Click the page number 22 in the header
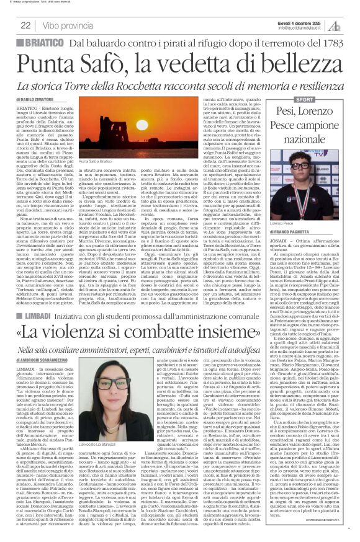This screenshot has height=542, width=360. (25, 25)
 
